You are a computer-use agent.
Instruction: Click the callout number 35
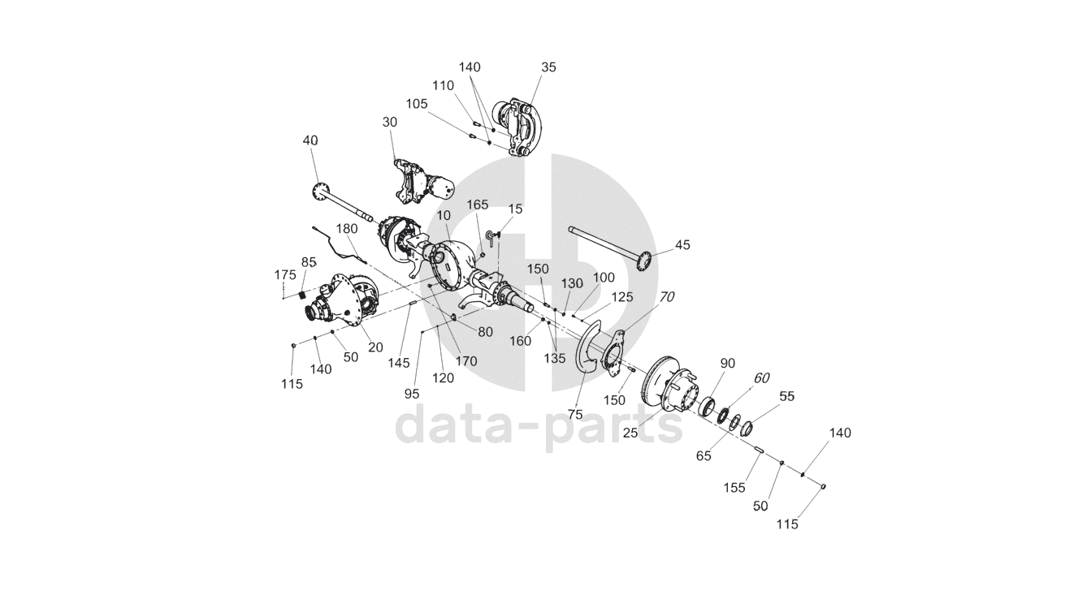[x=548, y=67]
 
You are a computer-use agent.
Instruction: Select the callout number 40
[x=310, y=140]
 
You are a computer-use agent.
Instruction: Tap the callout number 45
[x=682, y=244]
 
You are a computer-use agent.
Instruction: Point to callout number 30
[x=390, y=122]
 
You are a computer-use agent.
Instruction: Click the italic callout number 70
[x=666, y=297]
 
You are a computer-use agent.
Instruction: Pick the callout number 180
[x=347, y=229]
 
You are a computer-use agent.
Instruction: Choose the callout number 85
[x=309, y=262]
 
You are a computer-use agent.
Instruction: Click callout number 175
[x=285, y=275]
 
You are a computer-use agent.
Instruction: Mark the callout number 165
[x=478, y=205]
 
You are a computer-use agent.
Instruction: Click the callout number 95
[x=412, y=393]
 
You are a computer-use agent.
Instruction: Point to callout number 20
[x=374, y=347]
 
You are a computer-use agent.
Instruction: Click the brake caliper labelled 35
[x=517, y=126]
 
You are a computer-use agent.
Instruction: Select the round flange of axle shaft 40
[x=320, y=191]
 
